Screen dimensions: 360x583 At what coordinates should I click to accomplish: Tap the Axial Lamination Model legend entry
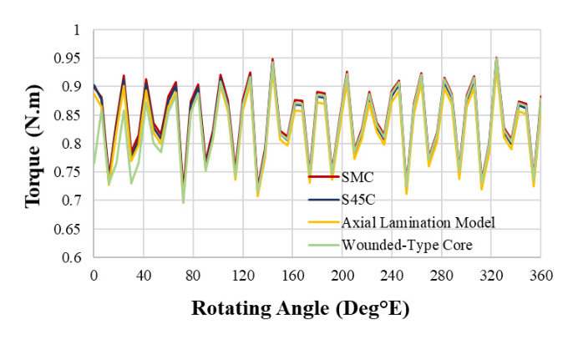coord(408,222)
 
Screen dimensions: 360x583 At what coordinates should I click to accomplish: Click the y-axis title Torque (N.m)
coord(34,145)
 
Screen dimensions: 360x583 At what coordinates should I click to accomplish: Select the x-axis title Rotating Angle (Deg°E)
coord(301,307)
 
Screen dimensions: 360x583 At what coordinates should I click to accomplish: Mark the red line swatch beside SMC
coord(325,177)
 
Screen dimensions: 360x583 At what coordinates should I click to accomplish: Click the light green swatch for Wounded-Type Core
coord(325,246)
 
